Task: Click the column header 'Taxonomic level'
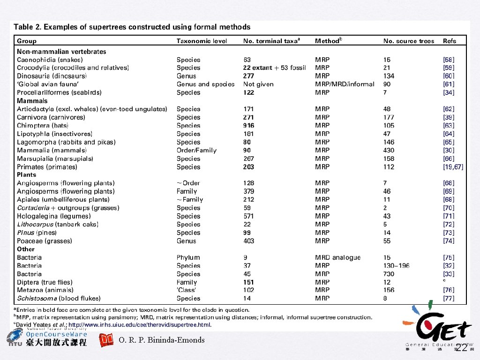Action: pyautogui.click(x=202, y=41)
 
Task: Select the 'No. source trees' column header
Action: pyautogui.click(x=409, y=41)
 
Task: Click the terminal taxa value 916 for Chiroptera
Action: pyautogui.click(x=248, y=126)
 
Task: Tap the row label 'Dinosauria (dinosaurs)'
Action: pyautogui.click(x=52, y=76)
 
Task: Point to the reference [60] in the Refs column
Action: pyautogui.click(x=449, y=76)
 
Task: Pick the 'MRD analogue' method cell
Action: pyautogui.click(x=337, y=257)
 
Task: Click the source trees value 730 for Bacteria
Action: pyautogui.click(x=389, y=274)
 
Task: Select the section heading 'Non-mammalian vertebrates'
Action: pyautogui.click(x=61, y=52)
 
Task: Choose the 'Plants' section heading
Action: pyautogui.click(x=26, y=175)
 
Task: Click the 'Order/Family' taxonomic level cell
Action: pyautogui.click(x=196, y=150)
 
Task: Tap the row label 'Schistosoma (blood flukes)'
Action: pyautogui.click(x=59, y=298)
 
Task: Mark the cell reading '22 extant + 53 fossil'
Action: pyautogui.click(x=274, y=68)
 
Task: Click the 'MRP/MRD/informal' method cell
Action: pyautogui.click(x=345, y=84)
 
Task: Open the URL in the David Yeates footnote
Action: pyautogui.click(x=140, y=325)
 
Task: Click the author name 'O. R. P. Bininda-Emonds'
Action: pyautogui.click(x=162, y=340)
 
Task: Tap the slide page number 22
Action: pyautogui.click(x=461, y=347)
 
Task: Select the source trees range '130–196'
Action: pyautogui.click(x=396, y=266)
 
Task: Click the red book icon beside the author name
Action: pyautogui.click(x=107, y=340)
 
